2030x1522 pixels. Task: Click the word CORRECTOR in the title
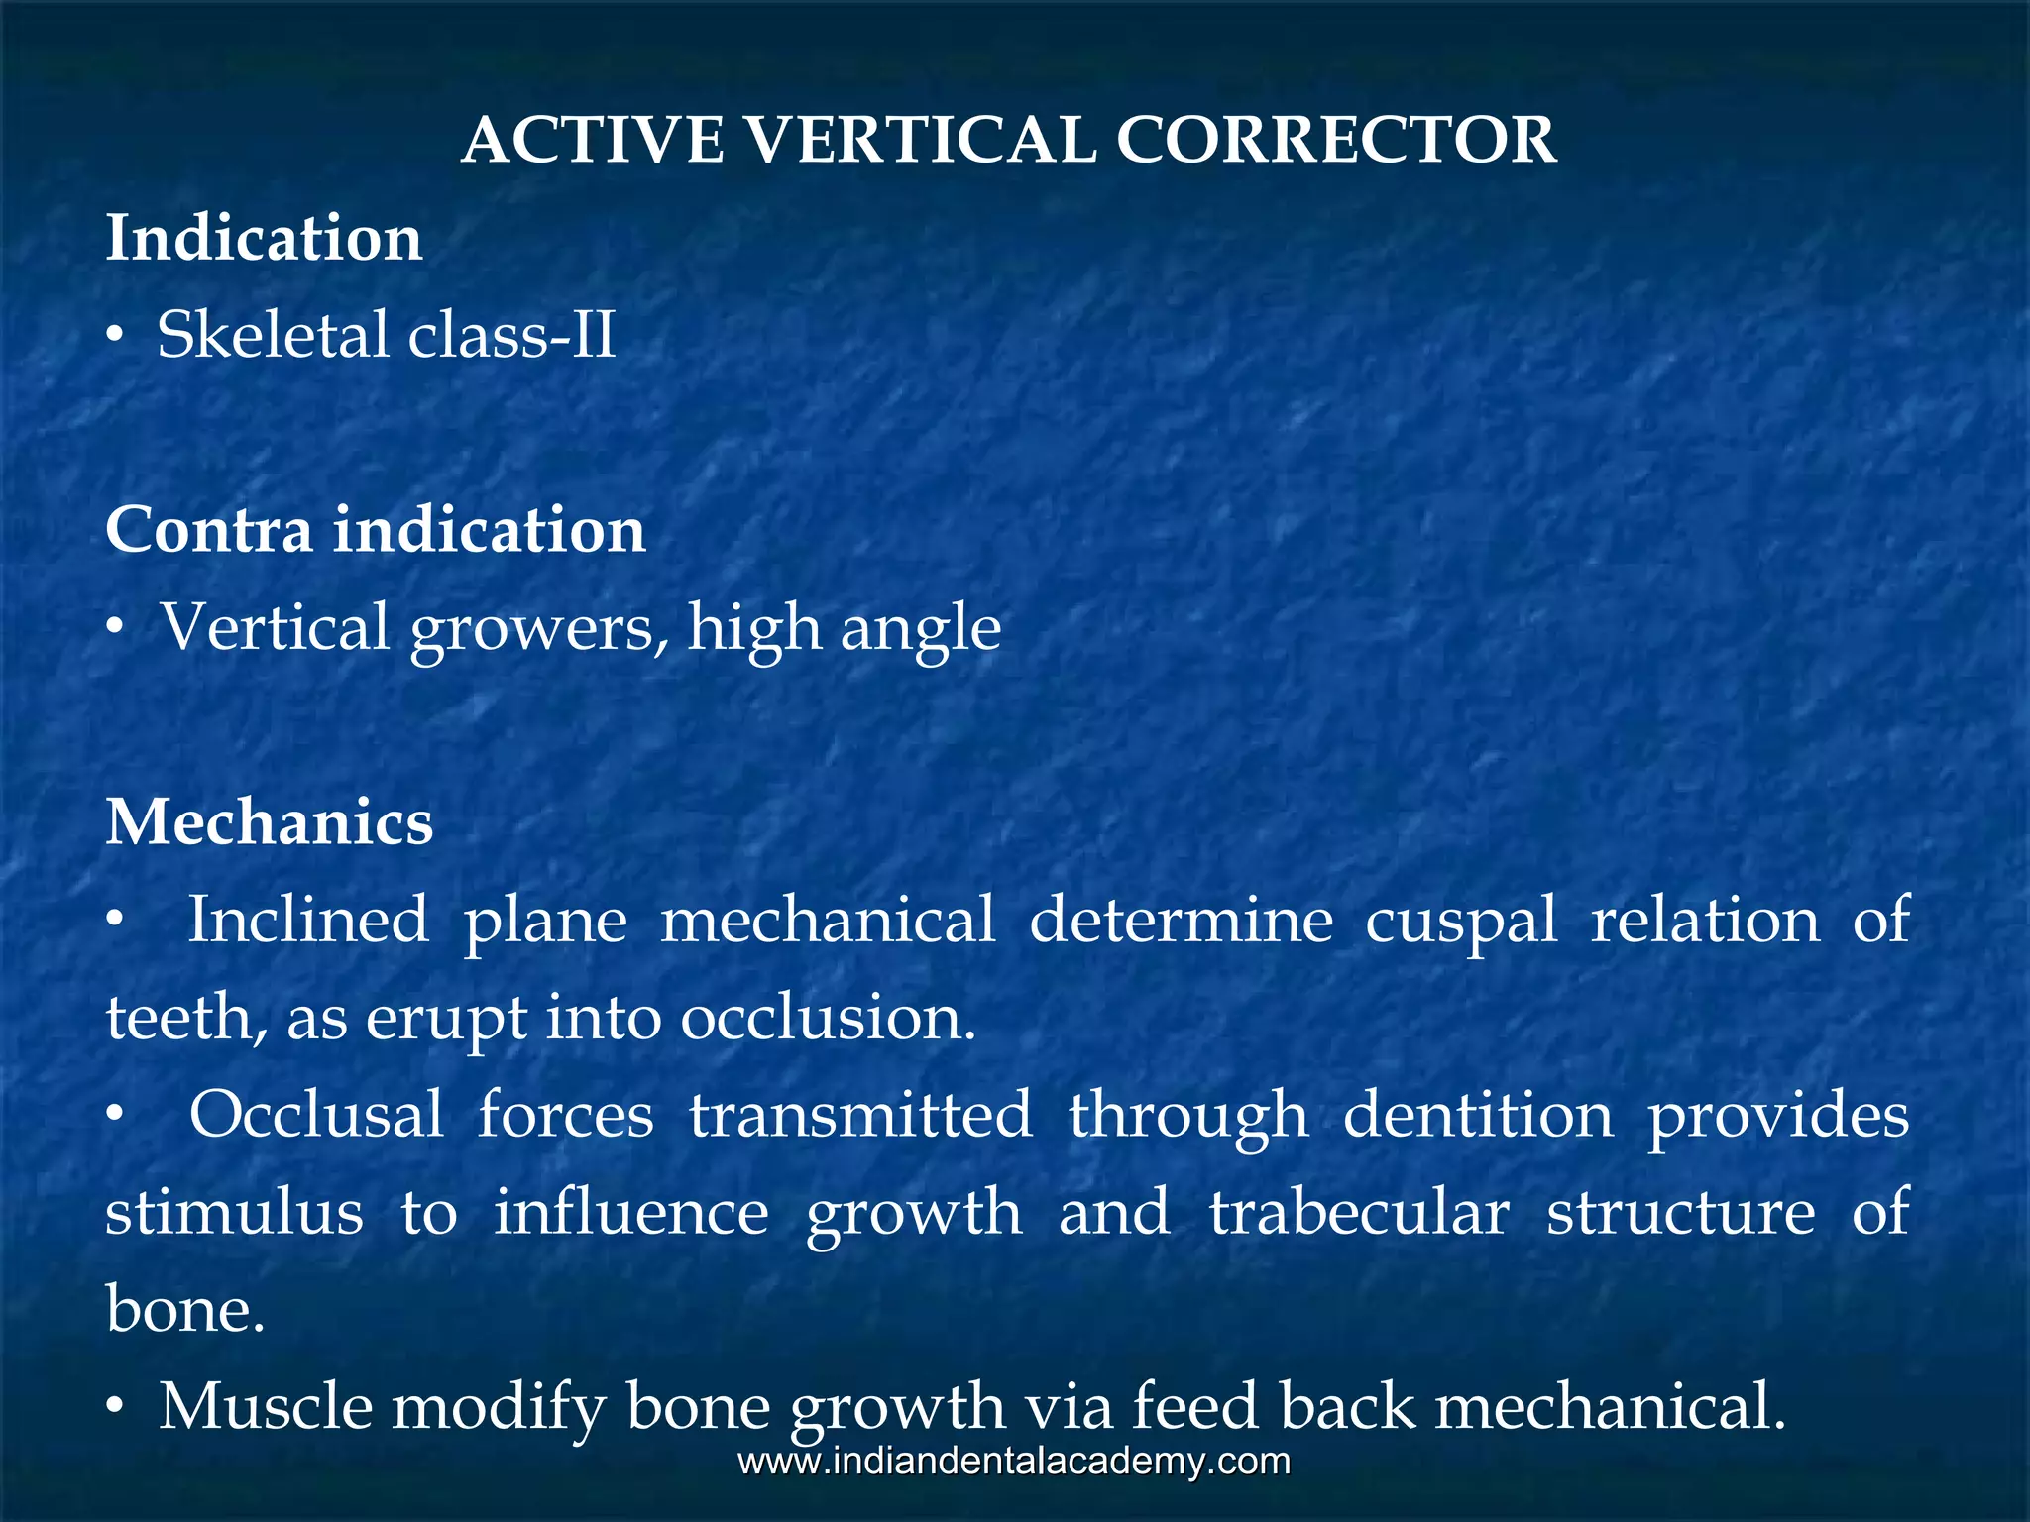click(x=1336, y=140)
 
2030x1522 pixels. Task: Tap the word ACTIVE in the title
click(x=593, y=140)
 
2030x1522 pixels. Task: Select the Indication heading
click(x=264, y=239)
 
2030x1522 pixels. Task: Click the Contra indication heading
click(x=375, y=529)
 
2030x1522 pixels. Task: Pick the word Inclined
click(x=308, y=920)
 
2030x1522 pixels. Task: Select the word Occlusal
click(x=316, y=1114)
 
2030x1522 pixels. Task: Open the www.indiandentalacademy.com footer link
click(x=1014, y=1462)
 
